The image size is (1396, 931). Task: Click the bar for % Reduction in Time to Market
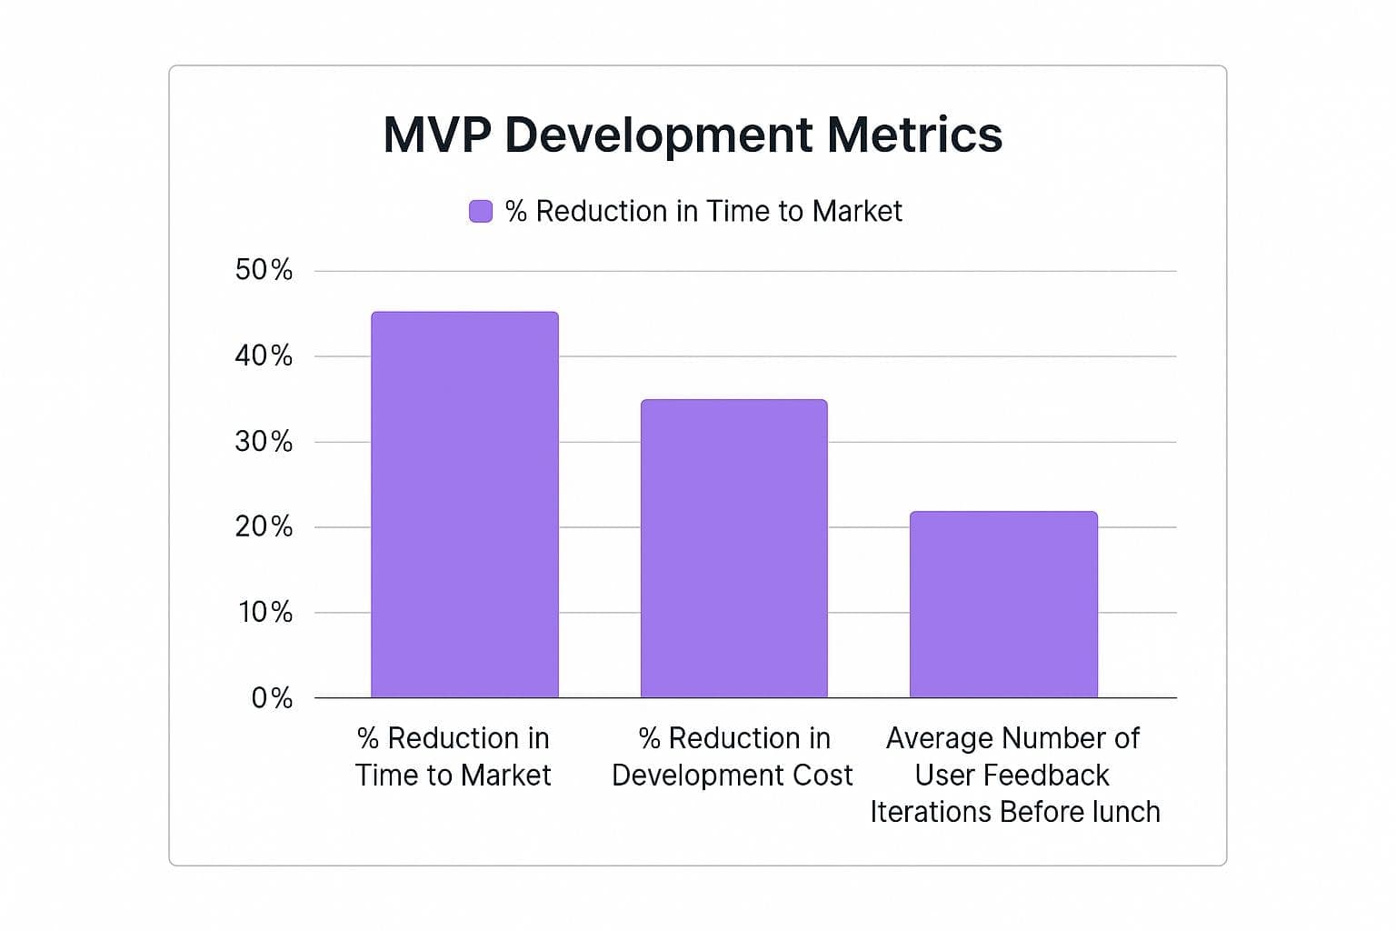click(464, 505)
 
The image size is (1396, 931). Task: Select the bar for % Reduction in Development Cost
click(733, 548)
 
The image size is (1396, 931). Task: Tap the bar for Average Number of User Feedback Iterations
click(1003, 605)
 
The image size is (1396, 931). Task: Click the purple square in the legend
click(480, 211)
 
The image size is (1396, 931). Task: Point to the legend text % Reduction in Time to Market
click(703, 211)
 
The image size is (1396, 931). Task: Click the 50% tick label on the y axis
click(264, 270)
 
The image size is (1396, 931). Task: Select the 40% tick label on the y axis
click(264, 355)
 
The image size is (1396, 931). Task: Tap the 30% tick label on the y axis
click(264, 442)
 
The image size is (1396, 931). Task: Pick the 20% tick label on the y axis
click(264, 526)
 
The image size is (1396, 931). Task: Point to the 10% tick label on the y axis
click(264, 612)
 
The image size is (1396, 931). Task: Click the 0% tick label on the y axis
click(272, 698)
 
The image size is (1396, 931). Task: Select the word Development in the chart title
click(658, 135)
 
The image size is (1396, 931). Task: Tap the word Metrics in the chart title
click(914, 135)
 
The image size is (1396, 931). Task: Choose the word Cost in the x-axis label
click(823, 775)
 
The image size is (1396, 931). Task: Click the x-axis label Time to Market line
click(453, 775)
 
